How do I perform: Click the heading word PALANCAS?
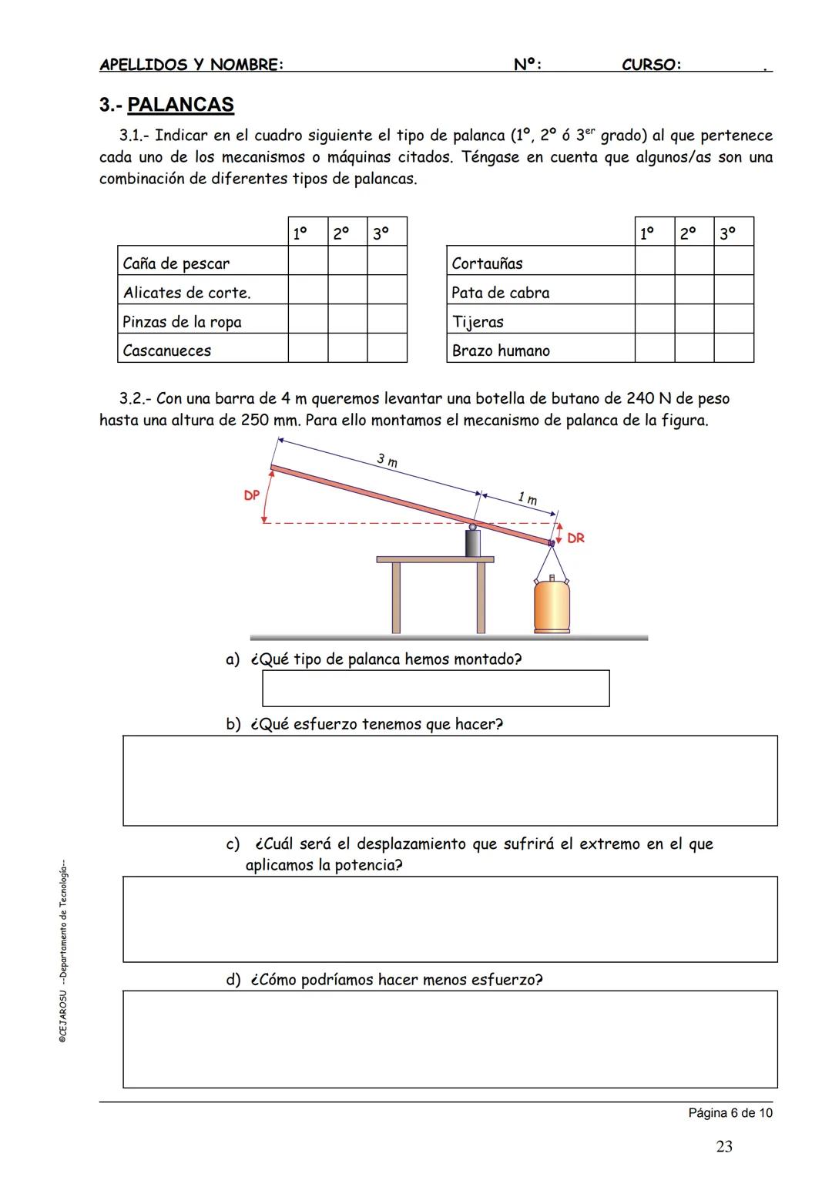(x=180, y=105)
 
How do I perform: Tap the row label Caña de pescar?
(x=176, y=263)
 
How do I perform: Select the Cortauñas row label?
(x=487, y=263)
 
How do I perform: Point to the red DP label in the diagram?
(x=252, y=495)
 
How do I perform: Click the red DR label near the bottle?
(x=575, y=538)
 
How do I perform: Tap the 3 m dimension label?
(x=387, y=461)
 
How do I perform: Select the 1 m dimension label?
(x=527, y=499)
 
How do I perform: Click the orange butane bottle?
(x=553, y=605)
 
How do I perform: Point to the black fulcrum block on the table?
(x=473, y=543)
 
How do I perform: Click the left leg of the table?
(x=397, y=598)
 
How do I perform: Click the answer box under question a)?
(x=435, y=688)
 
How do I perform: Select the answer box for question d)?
(x=450, y=1038)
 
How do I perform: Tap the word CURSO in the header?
(x=651, y=65)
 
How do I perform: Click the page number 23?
(x=724, y=1147)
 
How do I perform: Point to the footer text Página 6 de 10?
(x=730, y=1113)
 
